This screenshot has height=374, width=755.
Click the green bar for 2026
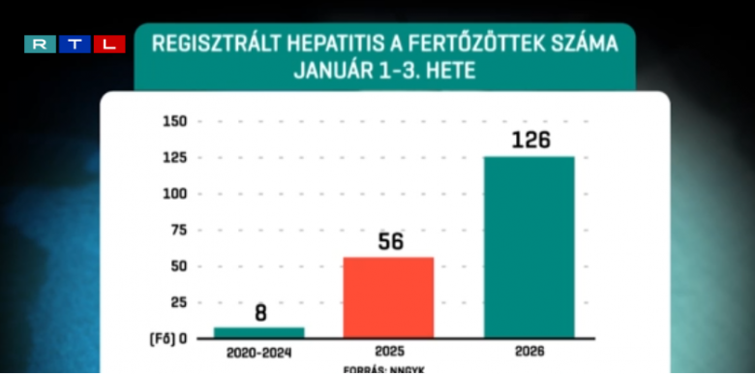pyautogui.click(x=529, y=246)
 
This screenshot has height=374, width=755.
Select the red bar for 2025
pyautogui.click(x=389, y=297)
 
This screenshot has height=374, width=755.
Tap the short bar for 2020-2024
pyautogui.click(x=258, y=332)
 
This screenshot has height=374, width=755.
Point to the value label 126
pyautogui.click(x=530, y=140)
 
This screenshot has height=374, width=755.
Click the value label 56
pyautogui.click(x=390, y=242)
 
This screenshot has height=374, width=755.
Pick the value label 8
pyautogui.click(x=259, y=313)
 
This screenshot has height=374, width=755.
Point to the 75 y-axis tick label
pyautogui.click(x=178, y=230)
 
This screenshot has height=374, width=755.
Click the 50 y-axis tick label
pyautogui.click(x=178, y=266)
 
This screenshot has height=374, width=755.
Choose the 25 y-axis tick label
pyautogui.click(x=178, y=302)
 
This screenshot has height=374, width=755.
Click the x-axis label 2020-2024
pyautogui.click(x=258, y=353)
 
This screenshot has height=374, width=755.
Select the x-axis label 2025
pyautogui.click(x=389, y=353)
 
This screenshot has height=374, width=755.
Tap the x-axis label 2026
pyautogui.click(x=529, y=353)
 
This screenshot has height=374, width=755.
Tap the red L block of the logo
pyautogui.click(x=109, y=44)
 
